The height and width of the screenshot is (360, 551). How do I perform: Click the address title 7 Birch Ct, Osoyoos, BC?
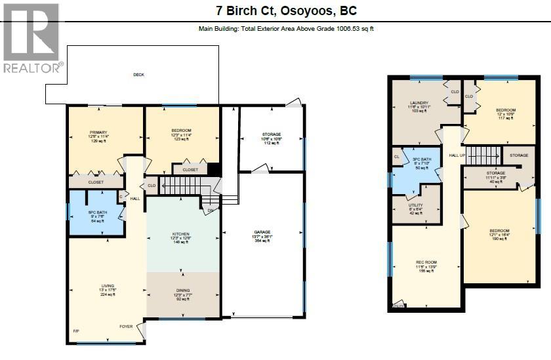(286, 11)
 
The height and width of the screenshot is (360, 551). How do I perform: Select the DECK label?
(138, 75)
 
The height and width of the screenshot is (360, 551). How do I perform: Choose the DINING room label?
(182, 294)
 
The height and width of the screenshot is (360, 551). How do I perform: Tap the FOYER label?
(125, 326)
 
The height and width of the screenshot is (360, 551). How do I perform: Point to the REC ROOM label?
(426, 266)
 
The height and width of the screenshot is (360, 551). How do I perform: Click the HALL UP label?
(457, 155)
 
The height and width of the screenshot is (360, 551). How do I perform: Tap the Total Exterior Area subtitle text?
(286, 28)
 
